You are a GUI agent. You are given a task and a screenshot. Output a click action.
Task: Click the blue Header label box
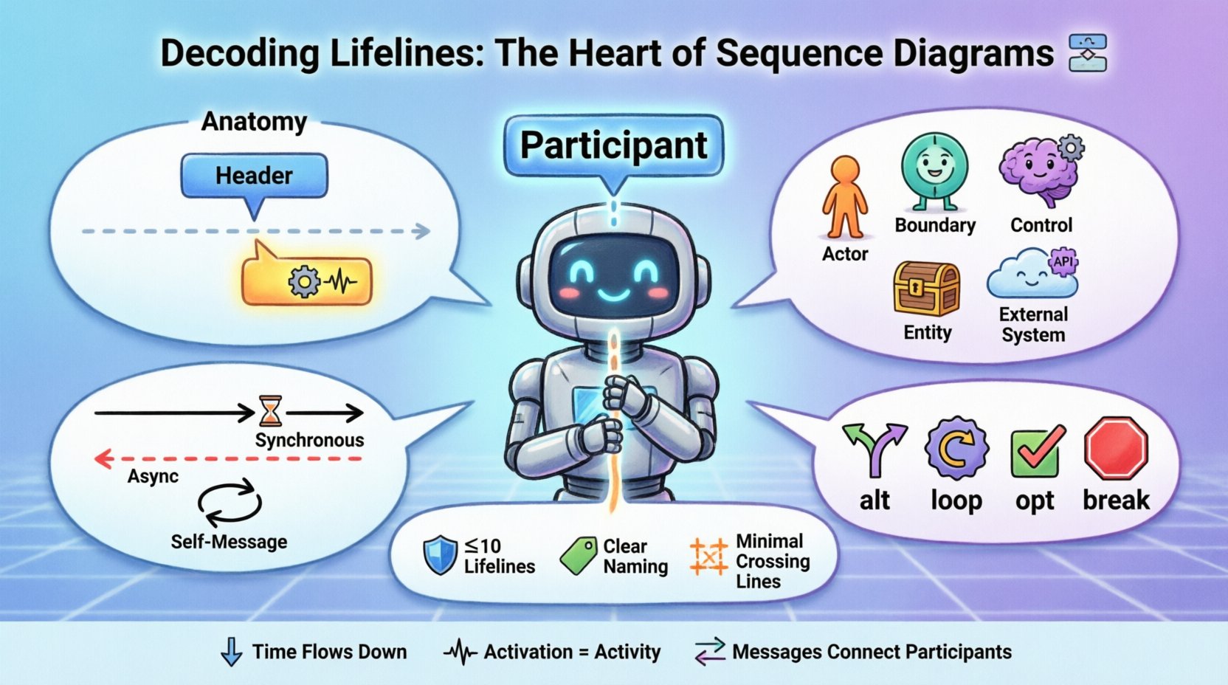click(x=254, y=176)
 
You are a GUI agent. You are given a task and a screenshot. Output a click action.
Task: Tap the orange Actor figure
click(x=845, y=198)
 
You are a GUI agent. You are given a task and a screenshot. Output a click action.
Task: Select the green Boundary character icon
click(x=934, y=171)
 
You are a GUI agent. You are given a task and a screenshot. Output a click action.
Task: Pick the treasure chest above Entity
click(x=926, y=289)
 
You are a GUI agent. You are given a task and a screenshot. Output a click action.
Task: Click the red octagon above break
click(x=1116, y=448)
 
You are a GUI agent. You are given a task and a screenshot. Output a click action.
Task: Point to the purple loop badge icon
click(x=956, y=448)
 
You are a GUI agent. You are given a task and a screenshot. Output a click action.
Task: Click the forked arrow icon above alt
click(x=875, y=448)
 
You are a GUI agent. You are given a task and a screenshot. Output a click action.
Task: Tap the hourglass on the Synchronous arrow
click(x=271, y=412)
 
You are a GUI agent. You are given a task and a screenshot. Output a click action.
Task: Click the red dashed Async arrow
click(x=229, y=459)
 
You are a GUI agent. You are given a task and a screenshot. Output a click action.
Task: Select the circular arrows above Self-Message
click(x=230, y=504)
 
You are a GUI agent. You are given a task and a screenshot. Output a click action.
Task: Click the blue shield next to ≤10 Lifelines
click(x=440, y=556)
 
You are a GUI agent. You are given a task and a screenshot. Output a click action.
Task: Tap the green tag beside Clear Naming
click(x=579, y=556)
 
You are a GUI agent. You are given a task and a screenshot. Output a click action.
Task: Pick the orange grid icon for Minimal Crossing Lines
click(x=708, y=557)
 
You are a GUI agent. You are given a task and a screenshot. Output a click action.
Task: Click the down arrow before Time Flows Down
click(x=232, y=652)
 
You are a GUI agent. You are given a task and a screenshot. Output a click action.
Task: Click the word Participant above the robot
click(x=613, y=145)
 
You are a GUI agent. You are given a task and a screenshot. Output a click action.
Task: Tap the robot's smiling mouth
click(x=613, y=295)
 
